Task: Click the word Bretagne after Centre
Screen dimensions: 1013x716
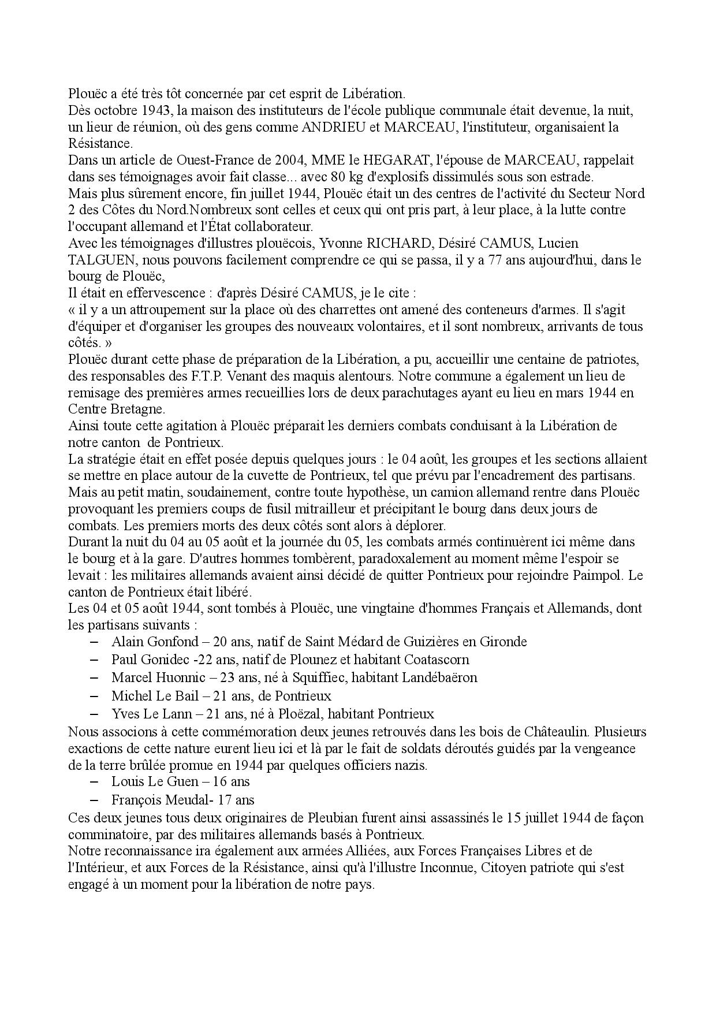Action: (x=136, y=409)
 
